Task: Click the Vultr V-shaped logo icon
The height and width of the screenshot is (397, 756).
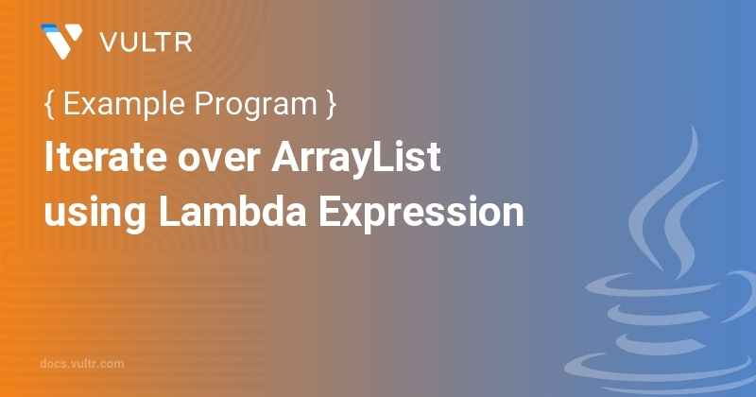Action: pyautogui.click(x=61, y=42)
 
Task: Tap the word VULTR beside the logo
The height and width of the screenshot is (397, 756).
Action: pyautogui.click(x=146, y=43)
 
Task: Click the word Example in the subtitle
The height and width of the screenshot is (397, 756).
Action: pyautogui.click(x=124, y=104)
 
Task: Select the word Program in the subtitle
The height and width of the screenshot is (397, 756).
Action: pyautogui.click(x=255, y=105)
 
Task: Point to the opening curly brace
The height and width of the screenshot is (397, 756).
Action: pyautogui.click(x=49, y=104)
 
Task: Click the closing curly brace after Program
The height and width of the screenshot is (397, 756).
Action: pyautogui.click(x=331, y=104)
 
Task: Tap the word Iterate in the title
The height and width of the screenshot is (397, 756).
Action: pyautogui.click(x=105, y=157)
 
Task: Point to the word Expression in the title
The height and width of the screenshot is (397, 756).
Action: pyautogui.click(x=421, y=213)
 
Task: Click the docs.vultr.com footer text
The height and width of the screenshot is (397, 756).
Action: pyautogui.click(x=82, y=364)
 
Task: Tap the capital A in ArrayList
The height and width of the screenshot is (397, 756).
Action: pyautogui.click(x=286, y=157)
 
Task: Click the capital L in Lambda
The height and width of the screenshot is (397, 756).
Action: pyautogui.click(x=169, y=212)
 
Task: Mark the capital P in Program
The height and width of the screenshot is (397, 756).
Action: pyautogui.click(x=204, y=103)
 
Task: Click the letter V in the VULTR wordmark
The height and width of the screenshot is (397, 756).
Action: pyautogui.click(x=110, y=43)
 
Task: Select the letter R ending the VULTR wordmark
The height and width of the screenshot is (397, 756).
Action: pyautogui.click(x=184, y=43)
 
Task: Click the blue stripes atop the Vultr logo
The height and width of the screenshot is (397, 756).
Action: pyautogui.click(x=51, y=29)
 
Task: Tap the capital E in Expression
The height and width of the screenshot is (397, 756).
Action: pyautogui.click(x=329, y=212)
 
